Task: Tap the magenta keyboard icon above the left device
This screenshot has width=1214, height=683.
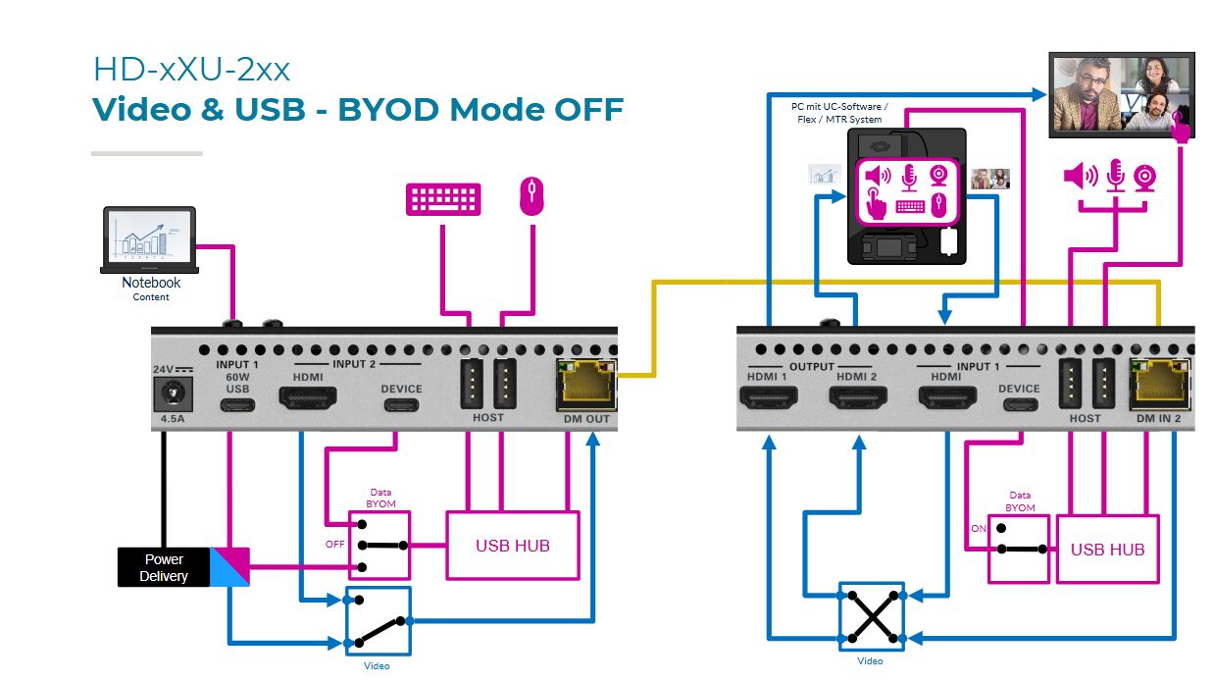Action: click(443, 198)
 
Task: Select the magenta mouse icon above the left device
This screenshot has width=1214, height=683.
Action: click(531, 195)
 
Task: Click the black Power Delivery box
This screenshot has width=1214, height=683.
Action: click(164, 567)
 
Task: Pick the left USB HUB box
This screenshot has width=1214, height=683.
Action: click(512, 545)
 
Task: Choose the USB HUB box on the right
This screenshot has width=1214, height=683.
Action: click(1107, 550)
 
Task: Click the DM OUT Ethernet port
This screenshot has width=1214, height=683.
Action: click(586, 384)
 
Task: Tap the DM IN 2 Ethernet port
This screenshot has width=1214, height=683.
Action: click(1160, 384)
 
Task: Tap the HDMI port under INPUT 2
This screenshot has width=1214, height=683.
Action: click(308, 398)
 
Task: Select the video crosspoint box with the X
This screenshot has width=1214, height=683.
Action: click(870, 617)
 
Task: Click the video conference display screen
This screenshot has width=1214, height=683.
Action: click(1121, 93)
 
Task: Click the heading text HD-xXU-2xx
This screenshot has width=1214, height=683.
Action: click(191, 70)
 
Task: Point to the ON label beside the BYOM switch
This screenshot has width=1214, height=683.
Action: click(977, 528)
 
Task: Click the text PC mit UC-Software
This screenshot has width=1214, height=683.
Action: click(839, 106)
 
